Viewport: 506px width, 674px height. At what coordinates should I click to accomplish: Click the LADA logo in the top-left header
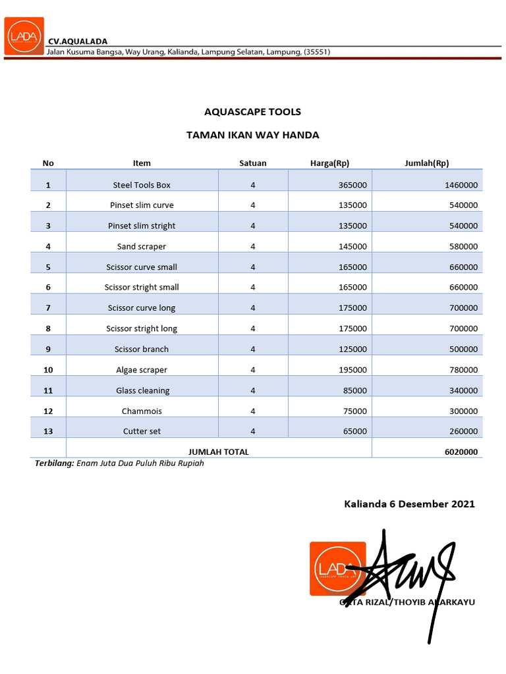tap(24, 36)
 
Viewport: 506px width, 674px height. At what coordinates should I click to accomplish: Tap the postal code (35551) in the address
tap(317, 52)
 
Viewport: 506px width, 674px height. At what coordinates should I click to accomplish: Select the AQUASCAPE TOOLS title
tap(252, 112)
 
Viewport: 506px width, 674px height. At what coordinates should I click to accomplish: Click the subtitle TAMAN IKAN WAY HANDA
tap(252, 135)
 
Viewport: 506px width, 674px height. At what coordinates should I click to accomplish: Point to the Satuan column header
tap(252, 163)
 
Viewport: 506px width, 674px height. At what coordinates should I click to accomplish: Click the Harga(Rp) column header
tap(329, 163)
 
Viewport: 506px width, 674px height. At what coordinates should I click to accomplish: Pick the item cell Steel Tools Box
tap(142, 186)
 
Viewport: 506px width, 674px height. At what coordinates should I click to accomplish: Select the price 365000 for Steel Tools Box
tap(352, 186)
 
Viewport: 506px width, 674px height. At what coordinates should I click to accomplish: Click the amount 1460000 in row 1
tap(461, 186)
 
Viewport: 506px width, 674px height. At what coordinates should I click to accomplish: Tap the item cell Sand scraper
tap(142, 247)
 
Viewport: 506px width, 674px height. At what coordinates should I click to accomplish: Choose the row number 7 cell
tap(48, 308)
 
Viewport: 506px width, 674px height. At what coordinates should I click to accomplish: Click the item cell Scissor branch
tap(142, 350)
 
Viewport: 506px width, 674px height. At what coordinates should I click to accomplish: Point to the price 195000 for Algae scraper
tap(352, 370)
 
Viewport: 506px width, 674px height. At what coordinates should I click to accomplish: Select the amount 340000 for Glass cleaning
tap(463, 391)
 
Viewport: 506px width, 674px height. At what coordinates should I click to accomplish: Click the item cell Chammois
tap(142, 411)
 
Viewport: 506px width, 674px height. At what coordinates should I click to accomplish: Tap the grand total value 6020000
tap(461, 452)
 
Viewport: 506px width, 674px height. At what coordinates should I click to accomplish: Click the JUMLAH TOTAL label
tap(219, 452)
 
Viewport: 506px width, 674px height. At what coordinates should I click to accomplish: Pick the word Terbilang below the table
tap(54, 463)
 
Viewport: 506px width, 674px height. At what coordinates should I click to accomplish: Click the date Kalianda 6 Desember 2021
tap(409, 504)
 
